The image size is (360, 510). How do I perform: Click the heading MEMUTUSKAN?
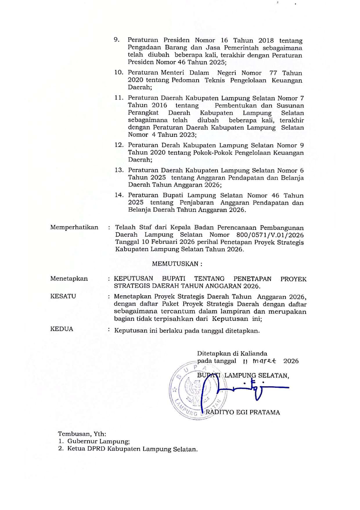(177, 264)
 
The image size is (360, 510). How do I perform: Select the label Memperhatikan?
(74, 227)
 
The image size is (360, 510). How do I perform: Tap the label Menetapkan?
(69, 278)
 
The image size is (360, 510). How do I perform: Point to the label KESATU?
(63, 296)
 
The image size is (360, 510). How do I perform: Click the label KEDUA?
(62, 329)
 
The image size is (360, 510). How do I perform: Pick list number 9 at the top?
(117, 40)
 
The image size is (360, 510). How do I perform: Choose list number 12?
(119, 145)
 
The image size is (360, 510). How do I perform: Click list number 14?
(119, 195)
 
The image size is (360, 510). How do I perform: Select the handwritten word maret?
(264, 361)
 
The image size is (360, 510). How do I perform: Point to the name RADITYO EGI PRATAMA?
(243, 412)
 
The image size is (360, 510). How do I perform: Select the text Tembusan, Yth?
(82, 434)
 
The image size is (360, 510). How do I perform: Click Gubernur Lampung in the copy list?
(99, 441)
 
